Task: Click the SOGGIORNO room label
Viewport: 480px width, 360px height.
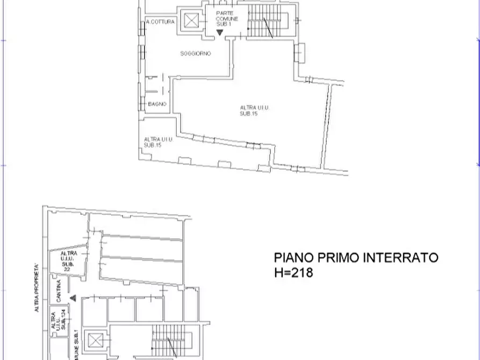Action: (x=195, y=54)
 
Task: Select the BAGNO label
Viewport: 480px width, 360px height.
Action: (x=157, y=104)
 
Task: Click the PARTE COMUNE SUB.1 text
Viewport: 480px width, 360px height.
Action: (x=224, y=19)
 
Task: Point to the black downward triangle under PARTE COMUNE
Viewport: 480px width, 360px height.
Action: (x=219, y=32)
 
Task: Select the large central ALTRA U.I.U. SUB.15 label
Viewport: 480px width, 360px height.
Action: (x=255, y=111)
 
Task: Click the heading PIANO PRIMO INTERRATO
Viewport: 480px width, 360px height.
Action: (x=356, y=258)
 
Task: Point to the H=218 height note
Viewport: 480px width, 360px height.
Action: (x=293, y=273)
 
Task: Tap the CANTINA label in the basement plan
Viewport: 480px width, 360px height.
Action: (x=58, y=290)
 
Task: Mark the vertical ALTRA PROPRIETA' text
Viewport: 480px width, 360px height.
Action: (x=37, y=287)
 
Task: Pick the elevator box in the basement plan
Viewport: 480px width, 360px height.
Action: (x=95, y=340)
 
